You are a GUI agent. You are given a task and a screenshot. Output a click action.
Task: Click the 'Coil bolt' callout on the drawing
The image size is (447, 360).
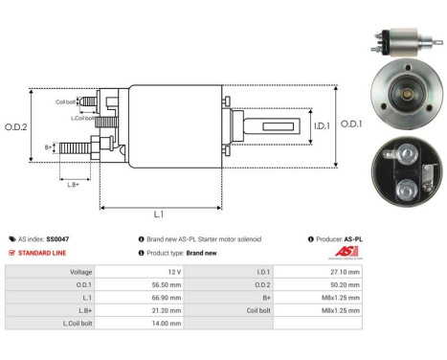click(x=66, y=101)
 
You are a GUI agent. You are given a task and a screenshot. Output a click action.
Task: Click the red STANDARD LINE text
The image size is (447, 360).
click(x=43, y=252)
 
